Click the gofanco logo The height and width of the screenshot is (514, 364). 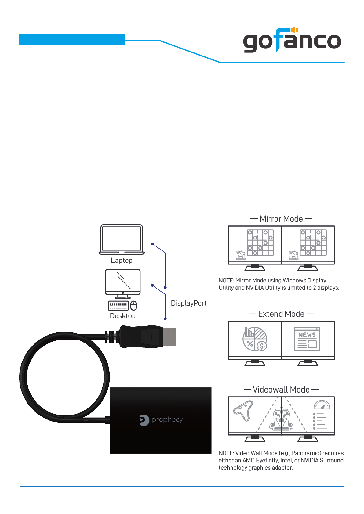[x=292, y=40]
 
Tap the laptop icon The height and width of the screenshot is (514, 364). [x=122, y=239]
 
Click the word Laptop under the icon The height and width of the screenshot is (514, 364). [x=122, y=261]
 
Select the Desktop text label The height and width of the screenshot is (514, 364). [x=123, y=316]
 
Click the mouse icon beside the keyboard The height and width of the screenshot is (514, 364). [x=134, y=306]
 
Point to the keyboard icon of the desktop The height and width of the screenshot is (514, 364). [x=118, y=306]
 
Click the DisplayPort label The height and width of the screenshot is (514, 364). [x=189, y=303]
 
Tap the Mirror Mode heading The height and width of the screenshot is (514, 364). [x=281, y=219]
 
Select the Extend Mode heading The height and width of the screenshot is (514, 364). [x=281, y=314]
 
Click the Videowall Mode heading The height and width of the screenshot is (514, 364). [x=281, y=390]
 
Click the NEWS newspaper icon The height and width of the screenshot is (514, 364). [x=307, y=339]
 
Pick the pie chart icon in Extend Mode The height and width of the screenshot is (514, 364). [x=255, y=339]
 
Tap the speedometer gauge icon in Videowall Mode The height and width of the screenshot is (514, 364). [x=322, y=405]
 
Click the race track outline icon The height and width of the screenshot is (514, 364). [x=243, y=411]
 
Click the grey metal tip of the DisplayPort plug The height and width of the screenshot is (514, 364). [x=169, y=337]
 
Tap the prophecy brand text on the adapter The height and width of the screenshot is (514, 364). [x=167, y=420]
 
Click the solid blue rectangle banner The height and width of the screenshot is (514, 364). [x=72, y=40]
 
